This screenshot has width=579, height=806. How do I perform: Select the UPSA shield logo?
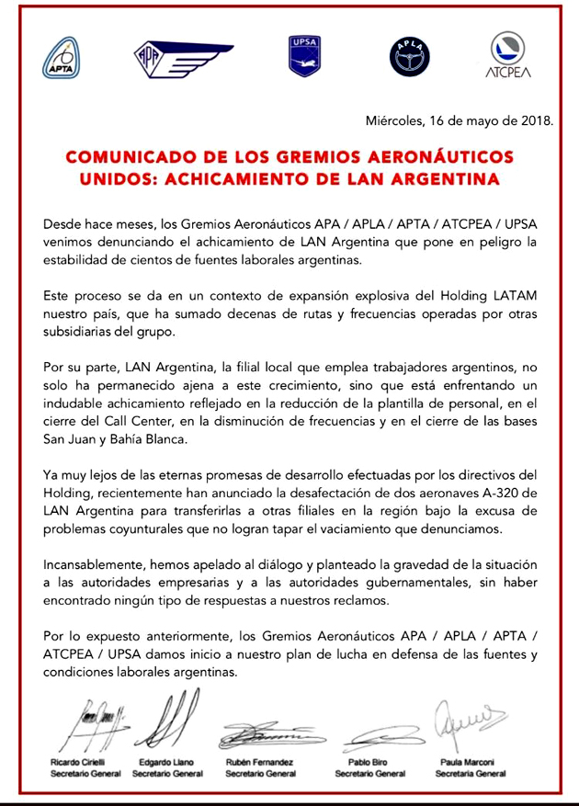click(302, 56)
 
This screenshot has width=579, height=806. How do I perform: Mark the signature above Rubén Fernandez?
click(262, 734)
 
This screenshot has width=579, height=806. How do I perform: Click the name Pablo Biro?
click(369, 763)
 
